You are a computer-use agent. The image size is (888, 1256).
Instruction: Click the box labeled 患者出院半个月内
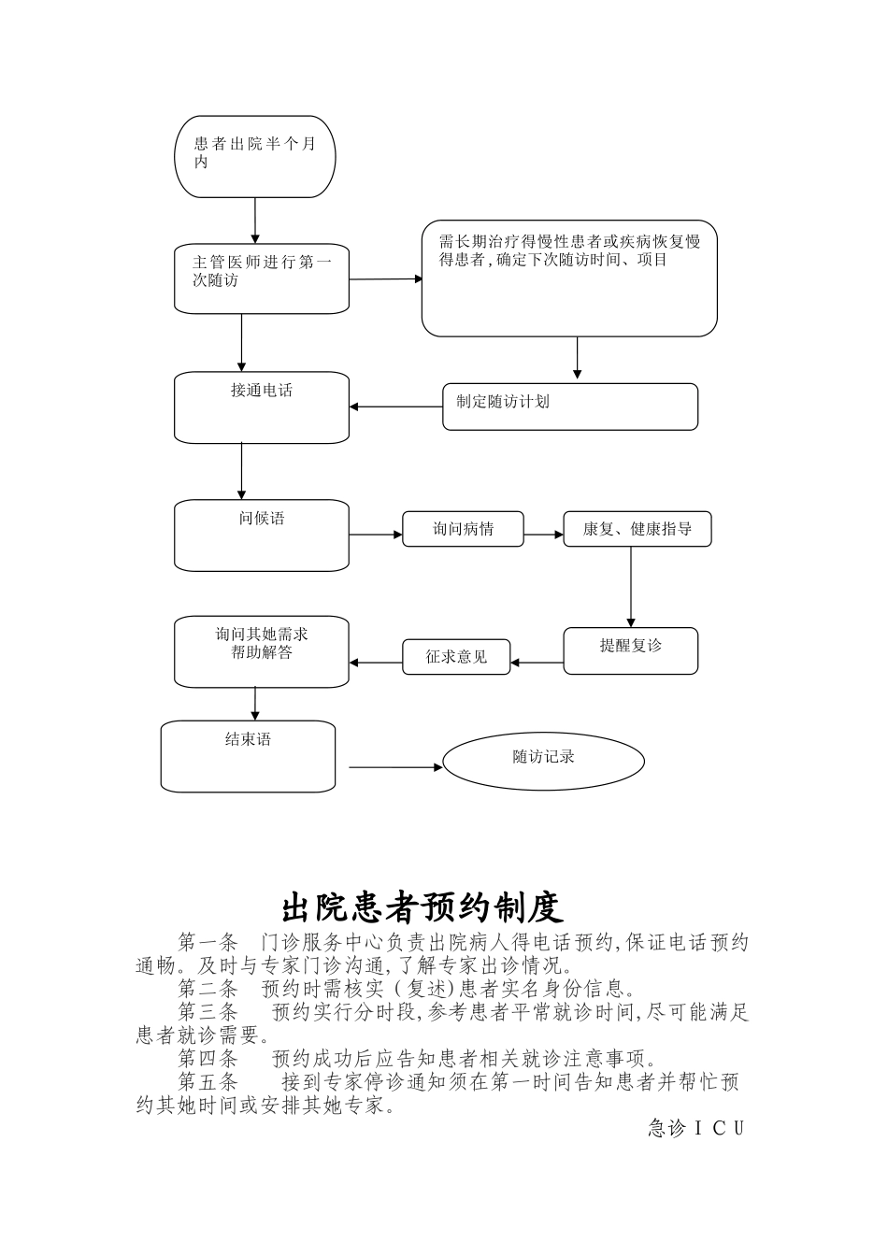(254, 156)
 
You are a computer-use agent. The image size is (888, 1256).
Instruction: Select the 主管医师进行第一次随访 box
(262, 278)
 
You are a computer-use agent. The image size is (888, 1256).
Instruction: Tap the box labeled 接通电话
(262, 408)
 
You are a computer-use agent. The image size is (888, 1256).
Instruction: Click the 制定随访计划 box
(569, 407)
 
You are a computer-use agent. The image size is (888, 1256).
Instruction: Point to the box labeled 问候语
(262, 535)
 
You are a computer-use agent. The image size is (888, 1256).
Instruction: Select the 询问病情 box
(463, 529)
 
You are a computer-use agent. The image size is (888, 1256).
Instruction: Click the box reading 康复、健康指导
(637, 529)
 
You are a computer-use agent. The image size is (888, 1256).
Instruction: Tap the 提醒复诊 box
(630, 649)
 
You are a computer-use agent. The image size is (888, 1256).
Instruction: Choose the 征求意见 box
(456, 656)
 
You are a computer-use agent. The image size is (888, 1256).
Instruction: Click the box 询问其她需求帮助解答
(262, 651)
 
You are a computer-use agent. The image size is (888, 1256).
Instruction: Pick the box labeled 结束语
(248, 756)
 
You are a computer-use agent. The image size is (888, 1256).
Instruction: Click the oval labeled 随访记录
(543, 762)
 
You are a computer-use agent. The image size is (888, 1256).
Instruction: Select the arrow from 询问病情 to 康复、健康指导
(543, 535)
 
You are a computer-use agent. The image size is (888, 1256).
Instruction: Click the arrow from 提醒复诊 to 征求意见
(537, 664)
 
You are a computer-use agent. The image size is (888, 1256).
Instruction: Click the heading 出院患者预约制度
(423, 906)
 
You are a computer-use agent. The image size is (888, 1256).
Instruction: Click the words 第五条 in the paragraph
(208, 1082)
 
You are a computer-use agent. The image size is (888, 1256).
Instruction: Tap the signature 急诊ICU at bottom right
(696, 1129)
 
